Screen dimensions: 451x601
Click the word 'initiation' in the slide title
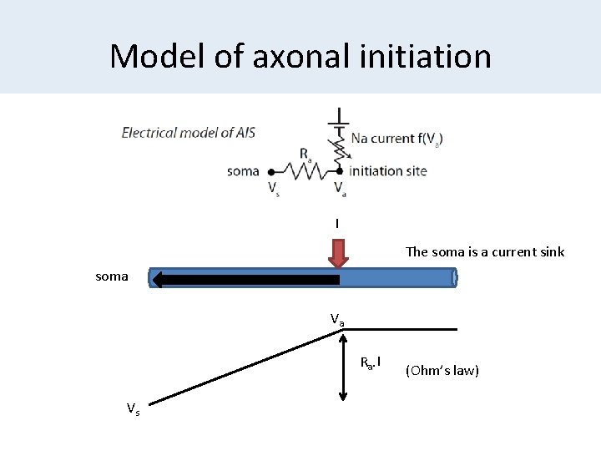428,57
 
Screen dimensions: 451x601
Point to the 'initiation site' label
388,171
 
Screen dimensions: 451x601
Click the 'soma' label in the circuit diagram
243,171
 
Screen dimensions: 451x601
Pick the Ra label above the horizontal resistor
306,155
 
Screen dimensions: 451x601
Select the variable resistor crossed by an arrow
339,149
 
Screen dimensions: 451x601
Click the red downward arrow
337,255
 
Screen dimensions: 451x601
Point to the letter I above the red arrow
337,224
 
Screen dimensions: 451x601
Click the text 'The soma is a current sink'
485,251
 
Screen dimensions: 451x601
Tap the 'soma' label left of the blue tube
112,276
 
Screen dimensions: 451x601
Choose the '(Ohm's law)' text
442,370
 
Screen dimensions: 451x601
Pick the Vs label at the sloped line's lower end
133,408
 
